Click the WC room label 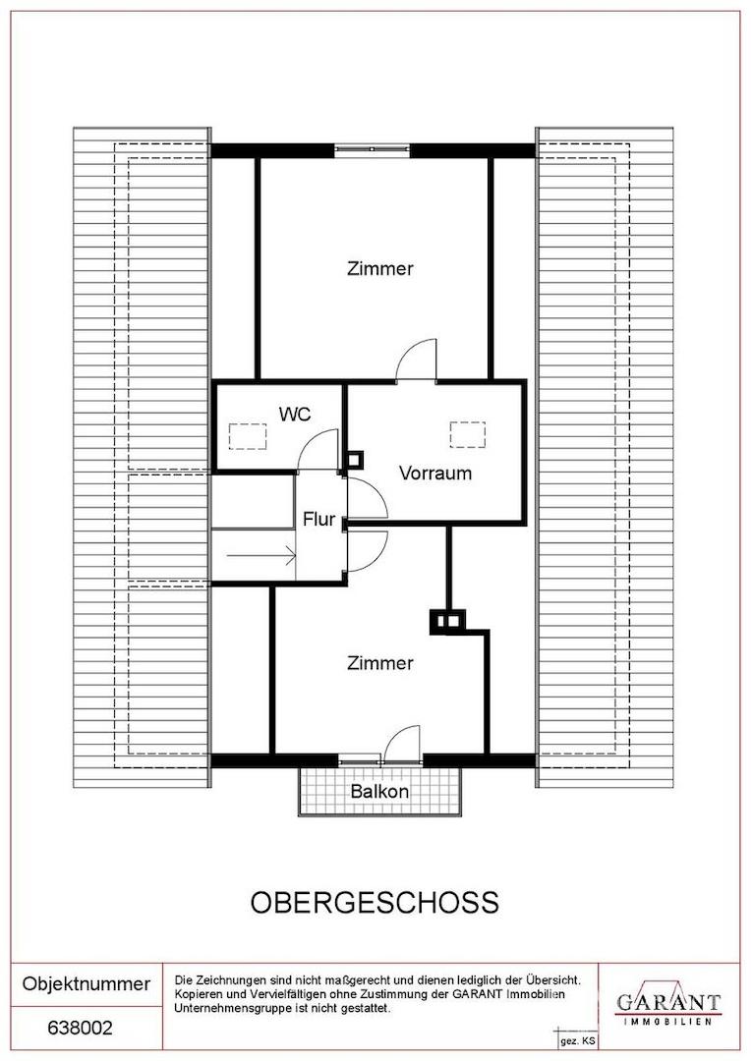[x=295, y=413]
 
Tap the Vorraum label [x=435, y=473]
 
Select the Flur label [x=318, y=519]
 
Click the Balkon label [x=379, y=791]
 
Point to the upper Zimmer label [x=379, y=268]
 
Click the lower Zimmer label [x=379, y=663]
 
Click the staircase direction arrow [x=261, y=556]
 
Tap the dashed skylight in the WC [x=248, y=436]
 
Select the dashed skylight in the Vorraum [x=468, y=434]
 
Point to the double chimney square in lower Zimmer [x=447, y=621]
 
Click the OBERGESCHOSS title [x=375, y=903]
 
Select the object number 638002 [x=80, y=1028]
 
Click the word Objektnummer [x=86, y=983]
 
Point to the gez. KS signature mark [x=578, y=1040]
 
